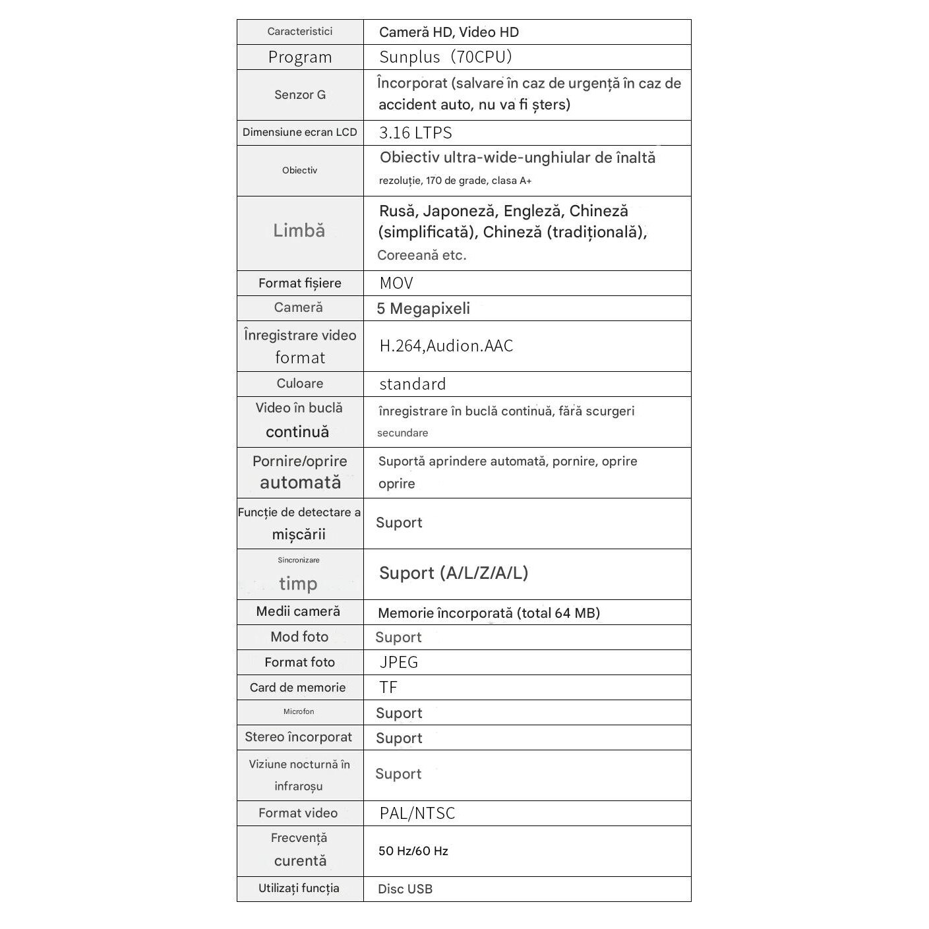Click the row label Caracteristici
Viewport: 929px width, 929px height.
pos(299,32)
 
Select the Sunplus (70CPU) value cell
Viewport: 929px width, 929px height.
pos(446,57)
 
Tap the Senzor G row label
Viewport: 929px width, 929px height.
pos(300,95)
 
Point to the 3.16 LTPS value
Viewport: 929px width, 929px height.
pos(415,133)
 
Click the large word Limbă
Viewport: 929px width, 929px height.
pos(299,231)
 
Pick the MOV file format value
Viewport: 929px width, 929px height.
pos(396,284)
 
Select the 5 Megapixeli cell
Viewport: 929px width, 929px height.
pos(423,309)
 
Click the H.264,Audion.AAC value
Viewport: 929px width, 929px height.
pos(446,346)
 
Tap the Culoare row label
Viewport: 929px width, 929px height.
pos(300,384)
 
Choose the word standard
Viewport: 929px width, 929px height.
pos(413,384)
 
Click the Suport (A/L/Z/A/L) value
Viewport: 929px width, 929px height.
pos(454,573)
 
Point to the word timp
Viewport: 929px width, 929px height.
pos(298,584)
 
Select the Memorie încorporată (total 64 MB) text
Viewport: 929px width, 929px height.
pos(489,613)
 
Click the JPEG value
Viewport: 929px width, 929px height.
pos(399,663)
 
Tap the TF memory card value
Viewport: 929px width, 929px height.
pos(388,688)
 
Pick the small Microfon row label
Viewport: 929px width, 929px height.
pos(299,712)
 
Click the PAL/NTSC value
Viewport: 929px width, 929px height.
pos(417,814)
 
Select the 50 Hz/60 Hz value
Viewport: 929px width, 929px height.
pos(413,851)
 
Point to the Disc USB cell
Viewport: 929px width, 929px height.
pos(405,889)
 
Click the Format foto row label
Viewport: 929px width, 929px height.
pos(299,663)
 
